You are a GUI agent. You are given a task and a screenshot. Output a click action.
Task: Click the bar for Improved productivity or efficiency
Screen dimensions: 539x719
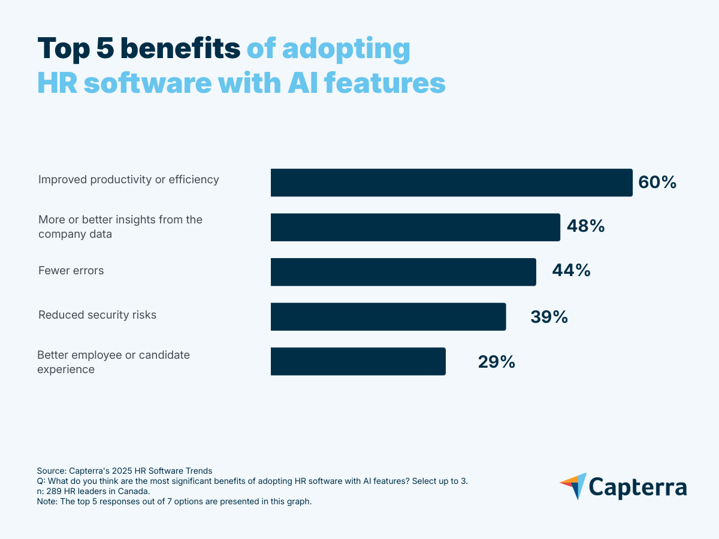click(x=451, y=183)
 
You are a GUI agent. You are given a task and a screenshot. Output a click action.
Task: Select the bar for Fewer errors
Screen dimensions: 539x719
click(x=403, y=272)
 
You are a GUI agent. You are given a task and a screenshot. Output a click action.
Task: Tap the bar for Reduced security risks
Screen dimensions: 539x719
click(x=388, y=317)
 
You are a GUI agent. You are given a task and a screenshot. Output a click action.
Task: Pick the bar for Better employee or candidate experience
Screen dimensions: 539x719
click(x=358, y=361)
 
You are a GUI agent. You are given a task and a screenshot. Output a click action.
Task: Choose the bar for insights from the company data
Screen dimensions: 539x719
click(x=415, y=228)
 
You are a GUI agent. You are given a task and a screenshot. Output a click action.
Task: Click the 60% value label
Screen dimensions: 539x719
click(x=657, y=183)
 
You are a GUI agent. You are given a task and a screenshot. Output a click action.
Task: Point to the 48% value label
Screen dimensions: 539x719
click(x=585, y=227)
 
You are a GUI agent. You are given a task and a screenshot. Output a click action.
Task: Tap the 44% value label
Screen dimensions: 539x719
click(x=571, y=271)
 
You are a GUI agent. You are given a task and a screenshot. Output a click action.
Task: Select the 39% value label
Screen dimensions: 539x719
click(x=549, y=317)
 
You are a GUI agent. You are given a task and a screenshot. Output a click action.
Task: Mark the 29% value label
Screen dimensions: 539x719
click(x=496, y=362)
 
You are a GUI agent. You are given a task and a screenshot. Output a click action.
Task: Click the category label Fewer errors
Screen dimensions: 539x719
click(x=71, y=271)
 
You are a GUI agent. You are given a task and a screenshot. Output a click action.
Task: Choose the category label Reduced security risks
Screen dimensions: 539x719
click(x=97, y=315)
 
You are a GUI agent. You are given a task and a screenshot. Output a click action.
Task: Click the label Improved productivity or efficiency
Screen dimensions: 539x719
click(x=128, y=180)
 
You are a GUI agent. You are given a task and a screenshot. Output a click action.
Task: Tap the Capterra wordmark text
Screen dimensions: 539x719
click(x=639, y=487)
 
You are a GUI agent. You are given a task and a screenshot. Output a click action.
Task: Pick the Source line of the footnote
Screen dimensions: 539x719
click(x=125, y=471)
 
